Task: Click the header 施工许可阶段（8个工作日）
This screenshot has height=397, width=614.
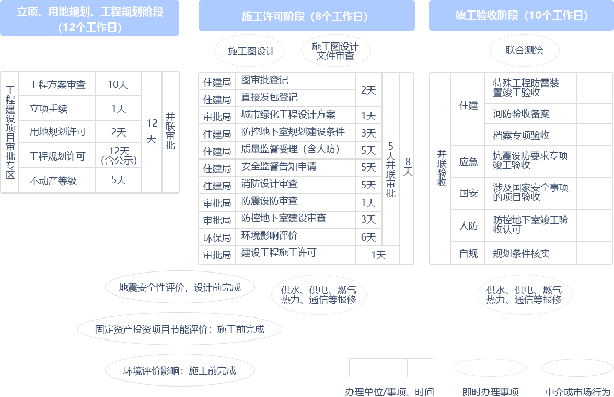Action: click(x=306, y=16)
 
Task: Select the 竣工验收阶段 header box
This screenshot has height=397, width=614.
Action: click(x=521, y=16)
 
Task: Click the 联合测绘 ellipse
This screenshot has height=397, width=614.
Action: click(x=524, y=50)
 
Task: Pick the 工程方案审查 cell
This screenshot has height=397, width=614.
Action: click(x=57, y=84)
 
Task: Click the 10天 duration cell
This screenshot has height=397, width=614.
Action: click(x=118, y=84)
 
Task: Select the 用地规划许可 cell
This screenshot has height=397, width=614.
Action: click(x=57, y=132)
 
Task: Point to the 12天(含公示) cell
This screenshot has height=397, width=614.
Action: click(x=119, y=156)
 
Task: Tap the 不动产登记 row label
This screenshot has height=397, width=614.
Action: click(x=57, y=180)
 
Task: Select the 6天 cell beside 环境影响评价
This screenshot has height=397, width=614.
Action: click(x=368, y=237)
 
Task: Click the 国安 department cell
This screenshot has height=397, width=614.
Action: click(x=468, y=193)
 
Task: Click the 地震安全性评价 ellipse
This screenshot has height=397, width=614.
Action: click(x=180, y=287)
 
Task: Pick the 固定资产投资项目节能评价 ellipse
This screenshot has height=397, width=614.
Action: click(x=180, y=330)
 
